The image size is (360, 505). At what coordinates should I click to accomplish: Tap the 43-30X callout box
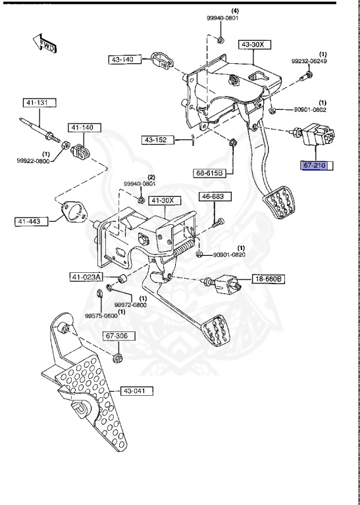coord(254,44)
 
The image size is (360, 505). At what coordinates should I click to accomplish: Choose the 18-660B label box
coord(269,279)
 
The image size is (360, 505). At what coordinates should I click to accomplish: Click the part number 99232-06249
coord(309,61)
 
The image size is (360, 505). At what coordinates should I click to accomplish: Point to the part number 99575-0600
coord(99,316)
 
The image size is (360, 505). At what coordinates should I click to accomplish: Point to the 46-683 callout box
coord(213,197)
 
